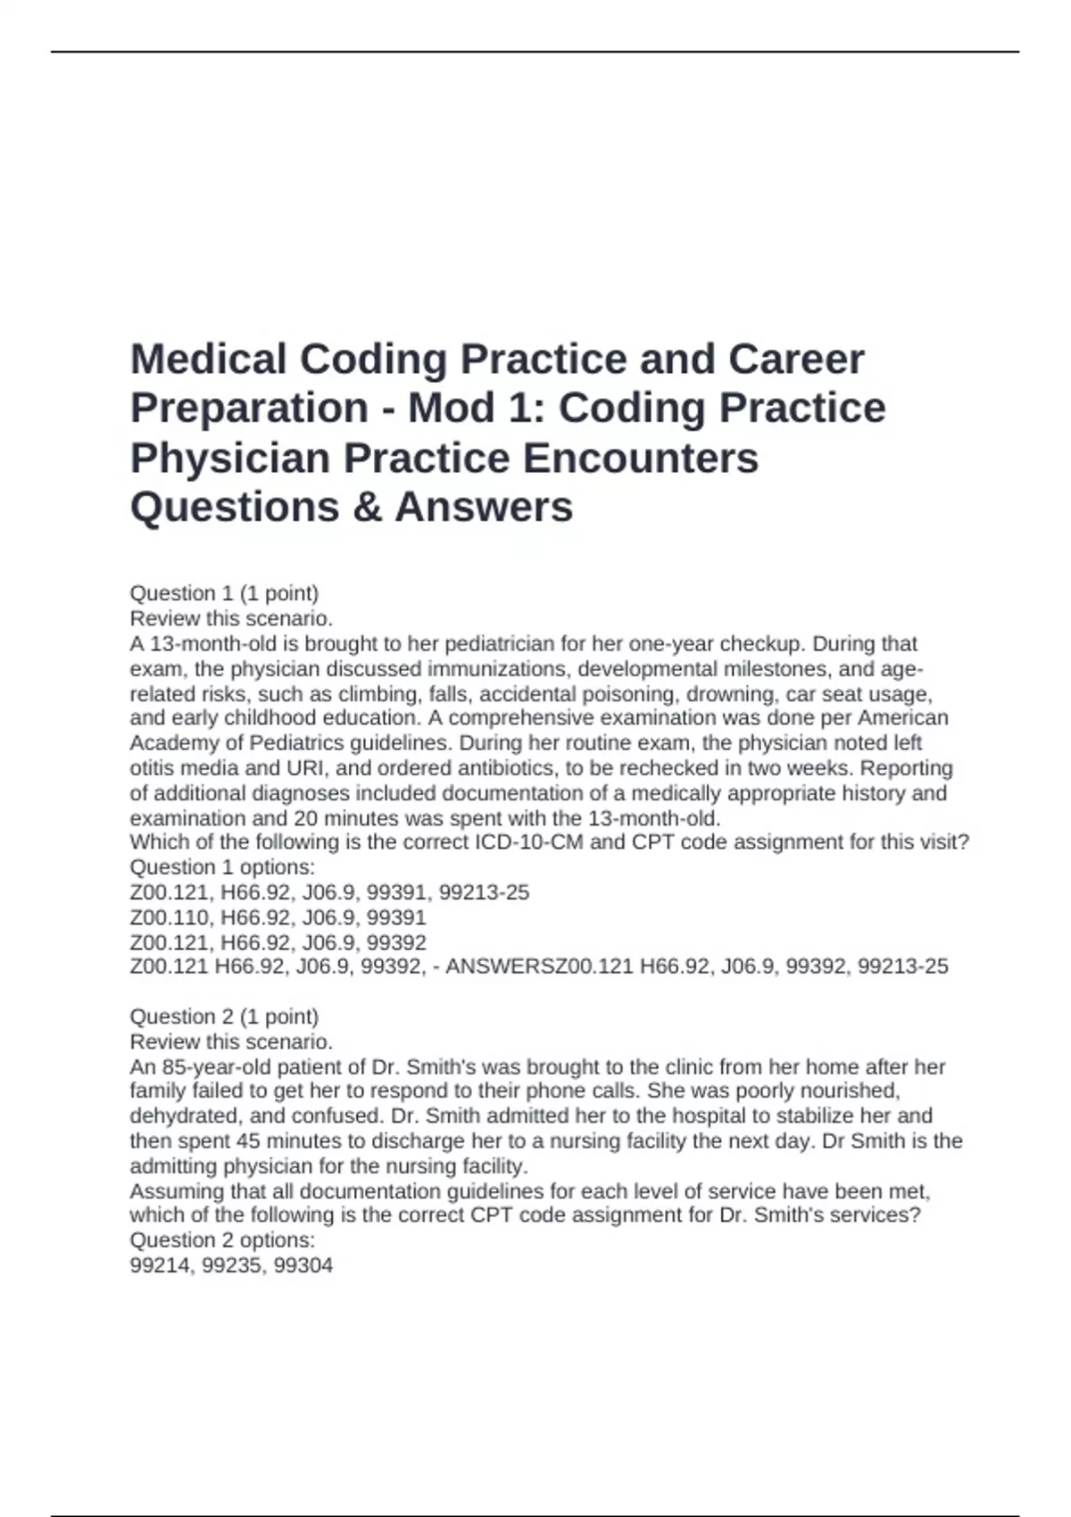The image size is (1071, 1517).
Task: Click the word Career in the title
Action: [x=796, y=360]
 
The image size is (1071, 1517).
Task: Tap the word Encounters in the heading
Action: [x=640, y=458]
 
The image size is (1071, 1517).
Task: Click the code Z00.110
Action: [x=172, y=917]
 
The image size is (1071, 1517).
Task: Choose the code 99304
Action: [x=304, y=1265]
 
